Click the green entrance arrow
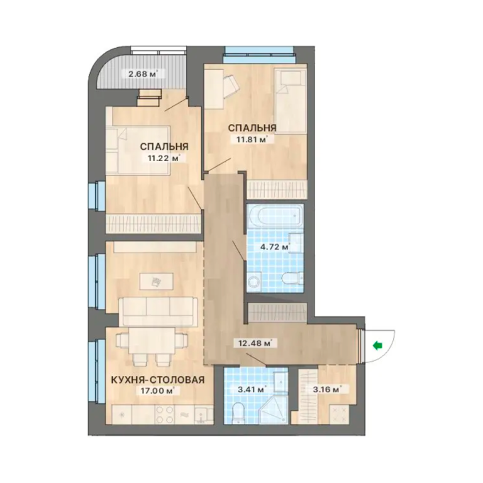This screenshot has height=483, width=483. pos(377,346)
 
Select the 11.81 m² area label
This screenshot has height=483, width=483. pos(252,140)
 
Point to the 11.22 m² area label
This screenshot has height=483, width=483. pos(164,158)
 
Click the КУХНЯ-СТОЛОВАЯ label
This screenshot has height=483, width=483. pos(157,380)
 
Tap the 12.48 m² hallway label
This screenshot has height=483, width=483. pos(255,343)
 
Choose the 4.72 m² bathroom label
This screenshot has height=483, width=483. pos(275,247)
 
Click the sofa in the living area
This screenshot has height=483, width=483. pos(158,311)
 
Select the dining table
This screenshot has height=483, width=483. pos(151,341)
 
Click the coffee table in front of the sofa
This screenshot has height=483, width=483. pos(157,281)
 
